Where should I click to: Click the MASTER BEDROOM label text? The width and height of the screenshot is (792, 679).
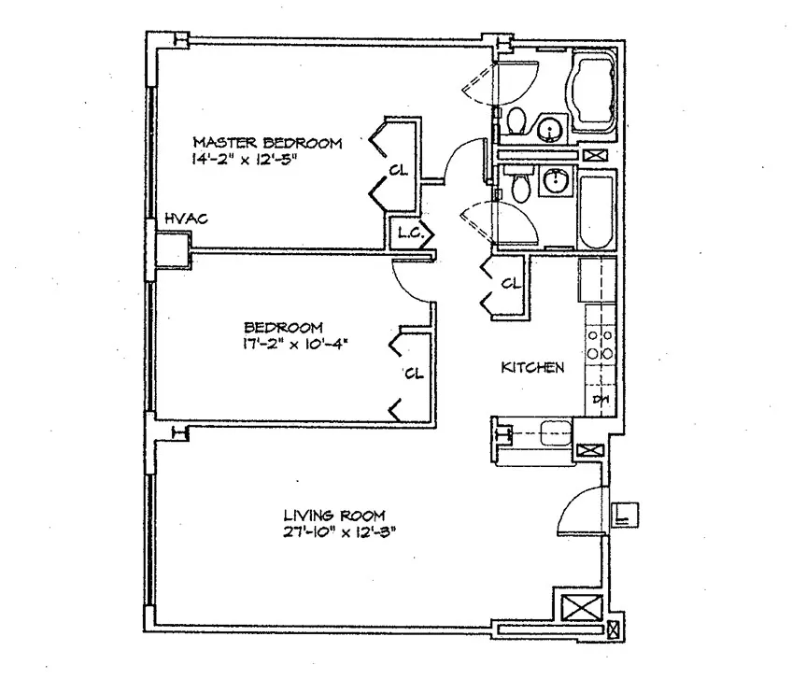(267, 143)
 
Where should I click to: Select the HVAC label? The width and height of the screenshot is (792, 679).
(185, 219)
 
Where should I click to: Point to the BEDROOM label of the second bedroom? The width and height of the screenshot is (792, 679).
(283, 328)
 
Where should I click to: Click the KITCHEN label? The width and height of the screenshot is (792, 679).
(532, 368)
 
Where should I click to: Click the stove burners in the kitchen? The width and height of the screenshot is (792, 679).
(596, 344)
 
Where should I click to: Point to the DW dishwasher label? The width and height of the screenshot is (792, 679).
(601, 400)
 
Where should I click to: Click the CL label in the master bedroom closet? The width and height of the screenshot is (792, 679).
(399, 171)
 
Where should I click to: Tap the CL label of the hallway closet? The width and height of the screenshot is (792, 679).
(510, 284)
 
